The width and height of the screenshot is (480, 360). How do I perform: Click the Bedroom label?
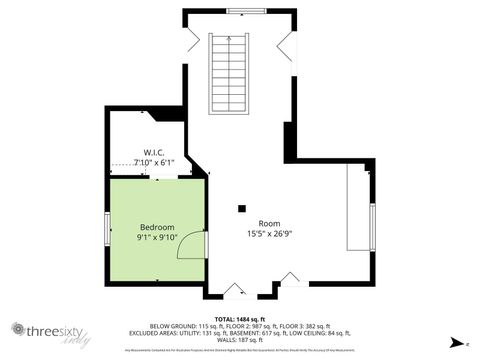pos(157,227)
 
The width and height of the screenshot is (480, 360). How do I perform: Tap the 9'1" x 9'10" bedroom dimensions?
pos(157,238)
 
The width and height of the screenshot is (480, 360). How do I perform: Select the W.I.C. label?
pos(154,151)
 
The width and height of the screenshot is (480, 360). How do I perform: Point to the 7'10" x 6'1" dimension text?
pos(154,162)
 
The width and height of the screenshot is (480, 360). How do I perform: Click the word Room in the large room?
pos(269,223)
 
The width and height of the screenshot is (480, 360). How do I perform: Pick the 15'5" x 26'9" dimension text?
pos(269,234)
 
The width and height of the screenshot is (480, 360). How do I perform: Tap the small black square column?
pos(241,209)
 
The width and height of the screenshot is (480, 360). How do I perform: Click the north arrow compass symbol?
pos(454,343)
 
